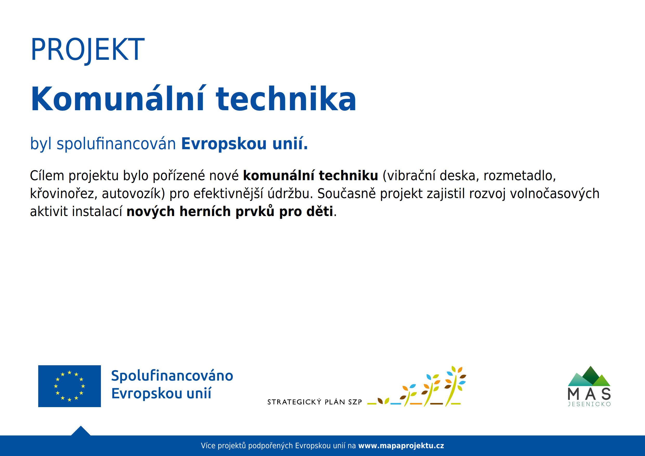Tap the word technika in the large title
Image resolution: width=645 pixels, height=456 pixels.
point(286,99)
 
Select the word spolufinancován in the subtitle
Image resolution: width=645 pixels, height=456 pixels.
point(116,144)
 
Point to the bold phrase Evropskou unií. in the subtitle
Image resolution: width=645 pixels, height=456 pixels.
point(244,144)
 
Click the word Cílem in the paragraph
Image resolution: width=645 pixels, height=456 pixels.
point(47,175)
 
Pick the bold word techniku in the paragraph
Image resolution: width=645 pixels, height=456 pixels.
point(348,175)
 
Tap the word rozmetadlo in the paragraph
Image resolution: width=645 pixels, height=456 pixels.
point(519,176)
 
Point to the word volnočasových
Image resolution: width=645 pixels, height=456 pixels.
point(554,194)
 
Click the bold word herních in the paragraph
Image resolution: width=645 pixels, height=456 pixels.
point(205,211)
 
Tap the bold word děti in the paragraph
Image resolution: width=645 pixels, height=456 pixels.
point(320,211)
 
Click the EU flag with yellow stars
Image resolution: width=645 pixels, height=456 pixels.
point(69,386)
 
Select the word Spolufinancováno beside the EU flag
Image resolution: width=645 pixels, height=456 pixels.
point(172,376)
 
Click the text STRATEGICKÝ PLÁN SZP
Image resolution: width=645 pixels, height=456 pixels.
point(315,402)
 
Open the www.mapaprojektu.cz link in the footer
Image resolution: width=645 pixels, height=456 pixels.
point(401,446)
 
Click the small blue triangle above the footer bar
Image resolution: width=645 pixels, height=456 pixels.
point(81,431)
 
